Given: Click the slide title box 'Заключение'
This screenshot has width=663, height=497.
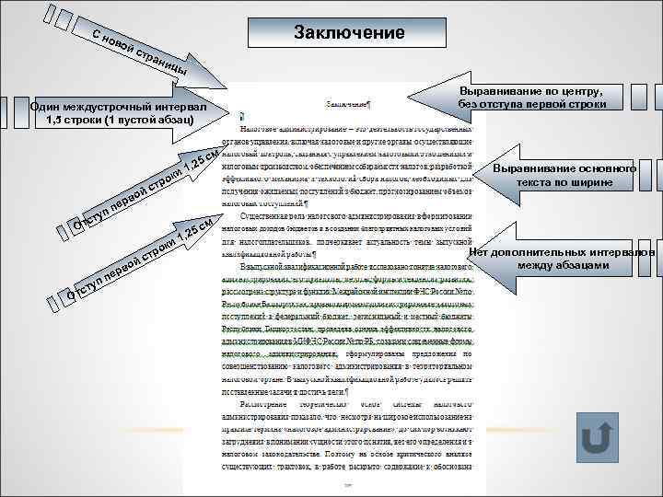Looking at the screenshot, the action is [x=349, y=33].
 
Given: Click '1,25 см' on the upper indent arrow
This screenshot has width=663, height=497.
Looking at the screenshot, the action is [x=198, y=160].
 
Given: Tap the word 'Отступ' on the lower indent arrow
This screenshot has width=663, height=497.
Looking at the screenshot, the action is [x=83, y=286].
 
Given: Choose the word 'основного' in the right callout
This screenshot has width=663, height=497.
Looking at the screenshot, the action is [x=599, y=169].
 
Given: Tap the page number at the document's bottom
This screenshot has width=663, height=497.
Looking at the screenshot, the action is [x=348, y=481].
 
